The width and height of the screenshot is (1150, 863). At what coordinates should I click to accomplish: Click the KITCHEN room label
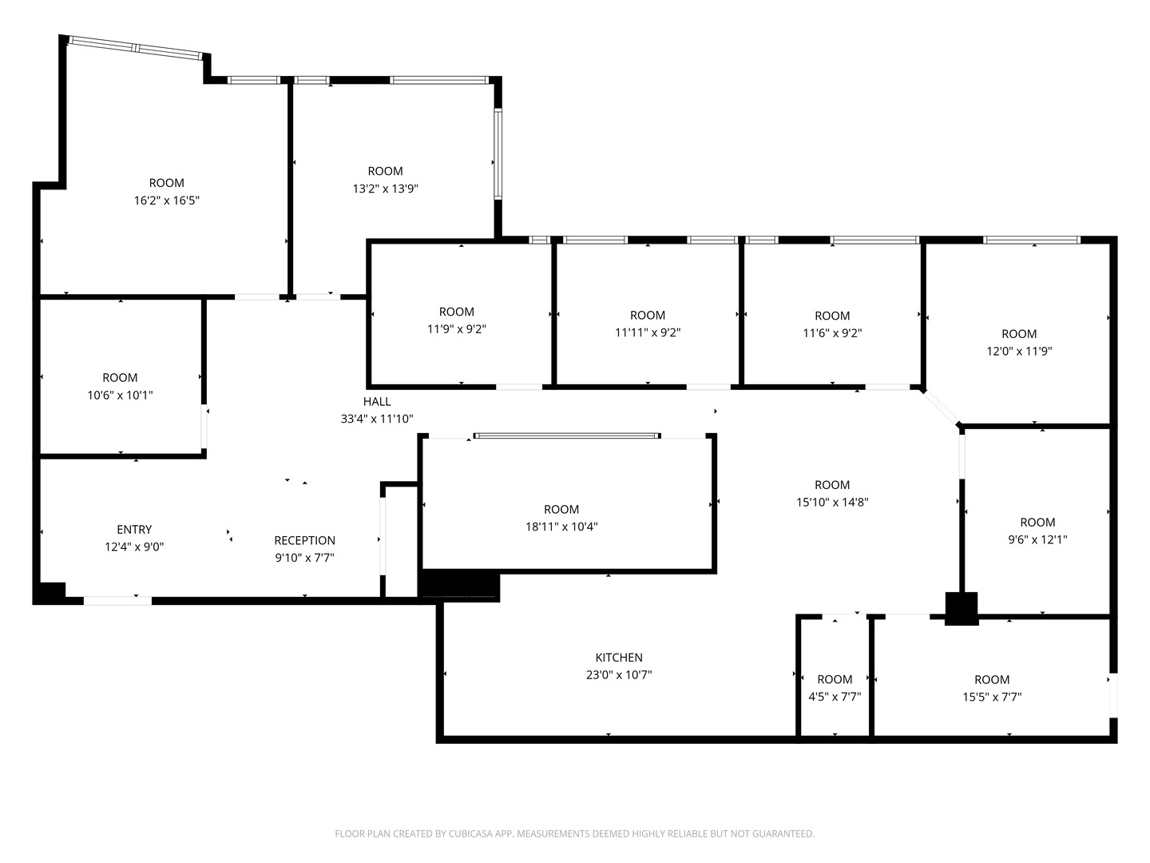(x=619, y=657)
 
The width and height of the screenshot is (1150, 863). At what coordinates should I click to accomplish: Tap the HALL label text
(x=377, y=401)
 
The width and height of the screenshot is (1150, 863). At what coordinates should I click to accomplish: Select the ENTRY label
(x=134, y=529)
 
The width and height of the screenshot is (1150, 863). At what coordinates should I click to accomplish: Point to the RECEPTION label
(x=304, y=540)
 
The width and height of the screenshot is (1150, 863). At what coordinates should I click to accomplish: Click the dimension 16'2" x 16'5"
(x=167, y=200)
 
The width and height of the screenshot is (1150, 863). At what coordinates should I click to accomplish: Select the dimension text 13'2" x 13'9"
(x=385, y=188)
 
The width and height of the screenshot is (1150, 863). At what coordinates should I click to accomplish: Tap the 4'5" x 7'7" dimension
(x=835, y=696)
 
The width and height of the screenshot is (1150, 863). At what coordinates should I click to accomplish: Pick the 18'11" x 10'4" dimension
(x=561, y=526)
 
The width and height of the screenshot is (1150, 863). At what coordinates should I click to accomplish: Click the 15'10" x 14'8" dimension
(x=832, y=502)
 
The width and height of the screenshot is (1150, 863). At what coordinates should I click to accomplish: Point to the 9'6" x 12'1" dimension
(x=1037, y=539)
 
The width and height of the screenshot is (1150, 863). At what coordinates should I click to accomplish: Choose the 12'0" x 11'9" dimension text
(x=1019, y=351)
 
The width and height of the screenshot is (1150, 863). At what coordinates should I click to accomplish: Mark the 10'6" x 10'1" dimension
(x=120, y=395)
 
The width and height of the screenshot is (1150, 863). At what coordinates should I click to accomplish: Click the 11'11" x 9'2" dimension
(x=648, y=332)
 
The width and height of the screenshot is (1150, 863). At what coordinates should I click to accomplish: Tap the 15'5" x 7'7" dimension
(x=992, y=697)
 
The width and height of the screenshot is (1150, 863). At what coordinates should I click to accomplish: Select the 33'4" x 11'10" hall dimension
(x=377, y=419)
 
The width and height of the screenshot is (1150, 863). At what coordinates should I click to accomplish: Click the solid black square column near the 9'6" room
(x=962, y=608)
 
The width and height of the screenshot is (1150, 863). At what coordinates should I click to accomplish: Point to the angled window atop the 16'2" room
(x=136, y=48)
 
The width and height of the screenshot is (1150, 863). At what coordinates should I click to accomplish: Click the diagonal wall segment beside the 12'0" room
(x=941, y=408)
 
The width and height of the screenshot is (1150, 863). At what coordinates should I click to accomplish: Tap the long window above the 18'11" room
(x=567, y=435)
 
